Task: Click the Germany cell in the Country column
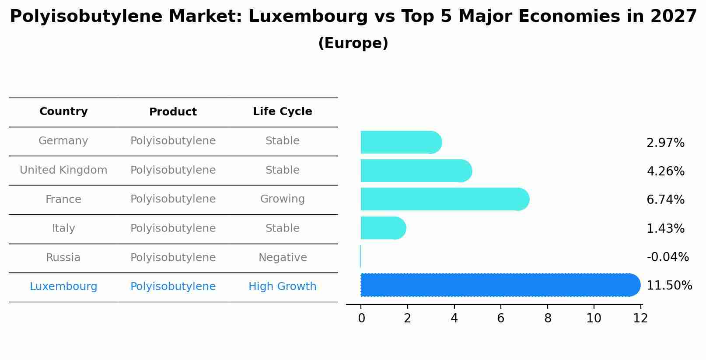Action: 63,141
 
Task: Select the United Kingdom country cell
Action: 63,170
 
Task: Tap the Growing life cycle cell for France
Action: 282,199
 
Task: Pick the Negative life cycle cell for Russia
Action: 282,258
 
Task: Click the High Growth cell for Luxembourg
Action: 282,287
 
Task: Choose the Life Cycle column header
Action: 282,112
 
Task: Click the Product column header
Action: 173,112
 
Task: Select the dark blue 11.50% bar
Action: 499,285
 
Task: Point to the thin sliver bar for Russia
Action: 360,256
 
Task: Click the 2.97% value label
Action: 665,143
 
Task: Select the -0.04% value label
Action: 668,257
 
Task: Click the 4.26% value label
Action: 665,171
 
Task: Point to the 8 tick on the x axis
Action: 548,318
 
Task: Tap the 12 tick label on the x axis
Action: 640,318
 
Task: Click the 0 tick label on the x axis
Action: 361,318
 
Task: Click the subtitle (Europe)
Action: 353,43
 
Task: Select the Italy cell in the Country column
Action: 63,228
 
